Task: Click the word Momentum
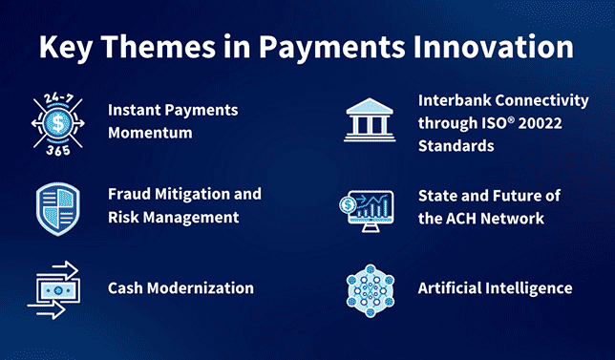tap(149, 134)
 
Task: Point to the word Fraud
tap(128, 194)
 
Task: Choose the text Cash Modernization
tap(180, 287)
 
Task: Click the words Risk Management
tap(173, 217)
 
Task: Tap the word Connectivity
tap(545, 100)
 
